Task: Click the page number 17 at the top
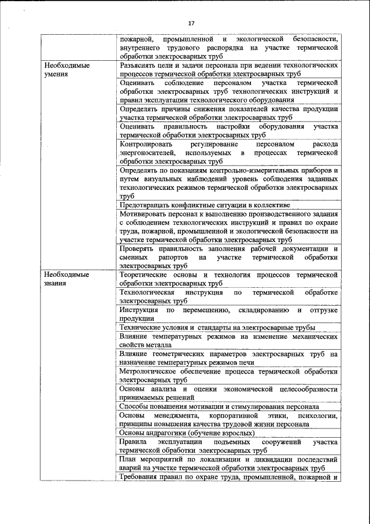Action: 191,23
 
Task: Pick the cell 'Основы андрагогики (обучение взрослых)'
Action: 187,433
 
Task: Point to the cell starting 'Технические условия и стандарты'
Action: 217,327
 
